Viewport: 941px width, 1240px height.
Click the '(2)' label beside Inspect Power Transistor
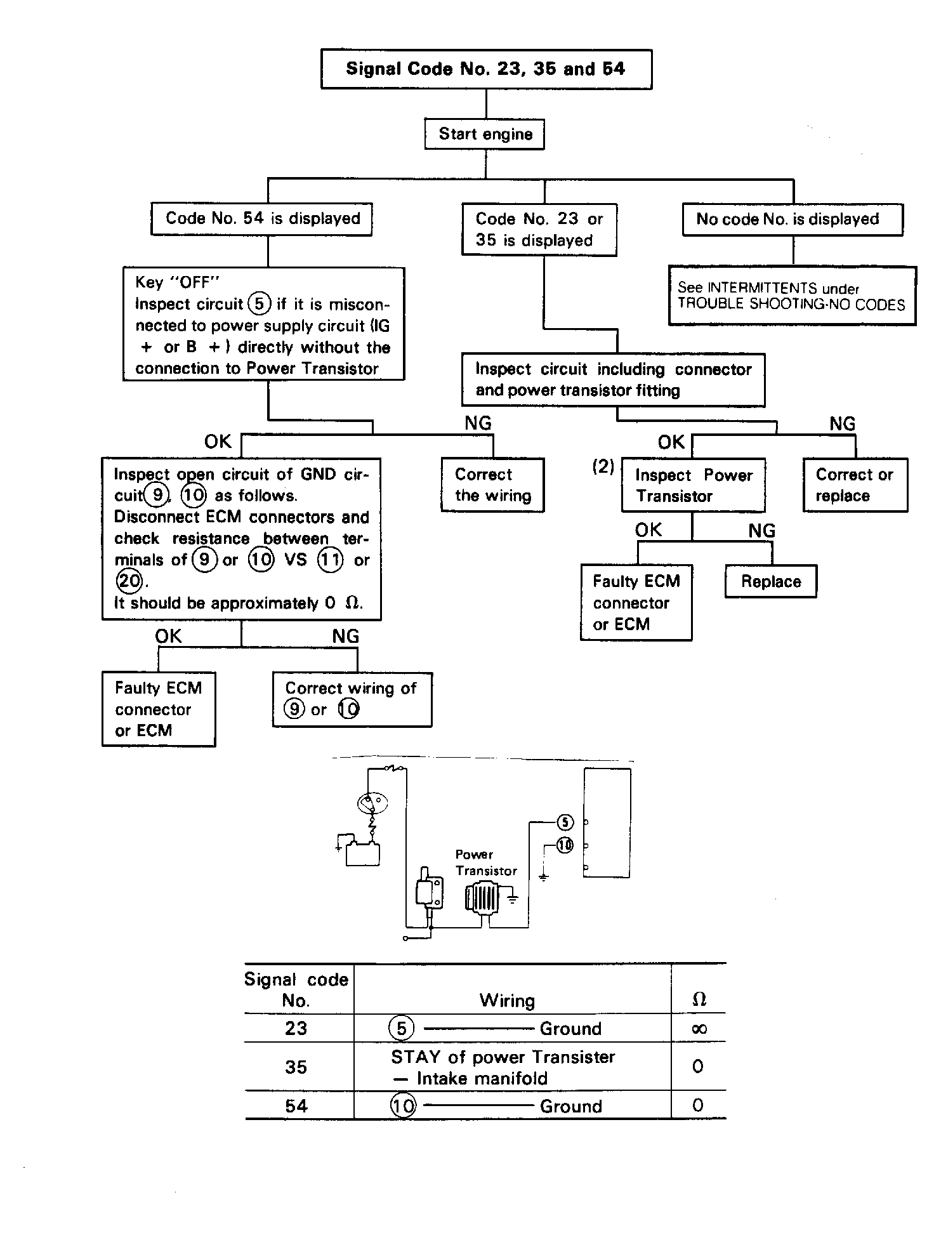click(x=603, y=467)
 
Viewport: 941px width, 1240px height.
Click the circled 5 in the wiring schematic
click(x=565, y=822)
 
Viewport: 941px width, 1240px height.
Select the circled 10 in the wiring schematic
click(x=565, y=845)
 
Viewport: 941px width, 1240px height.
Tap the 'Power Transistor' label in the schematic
click(x=486, y=862)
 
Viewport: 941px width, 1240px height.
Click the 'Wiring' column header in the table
click(x=507, y=1001)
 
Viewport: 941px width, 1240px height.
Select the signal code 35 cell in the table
click(x=296, y=1067)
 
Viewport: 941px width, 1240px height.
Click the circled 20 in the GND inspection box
click(x=129, y=581)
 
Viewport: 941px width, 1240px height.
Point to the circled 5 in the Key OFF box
click(x=259, y=304)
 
